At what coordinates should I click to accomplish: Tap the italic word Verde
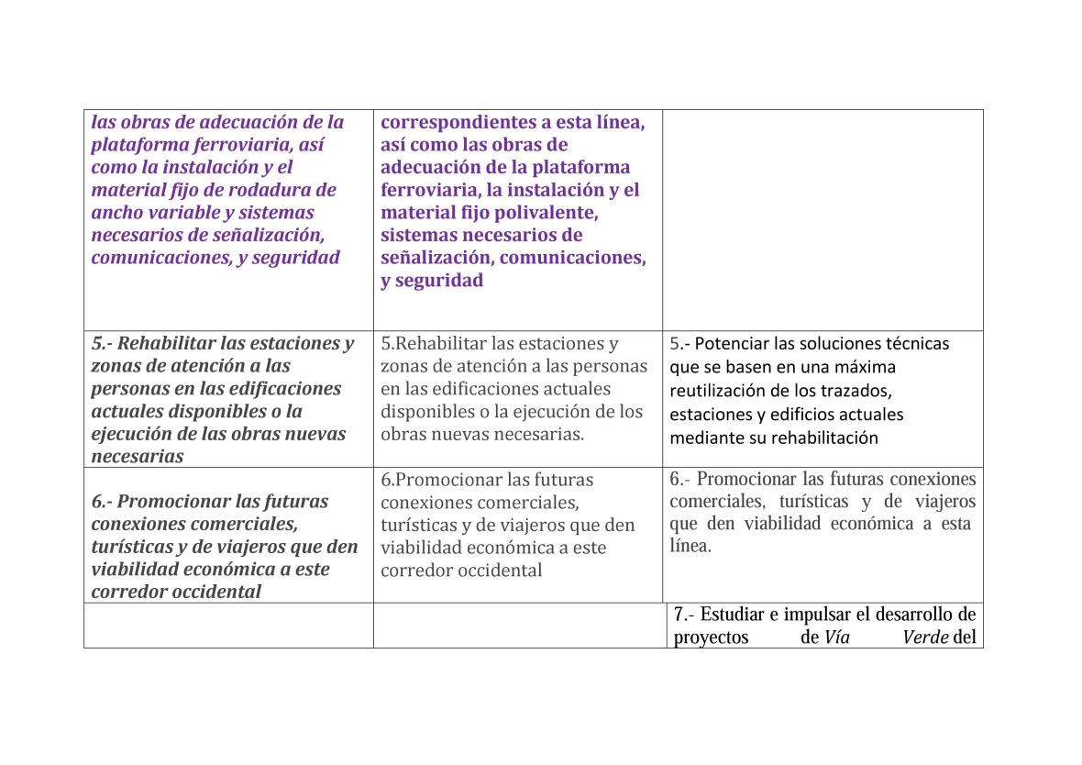(x=925, y=637)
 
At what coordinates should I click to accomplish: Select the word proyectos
(x=712, y=637)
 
